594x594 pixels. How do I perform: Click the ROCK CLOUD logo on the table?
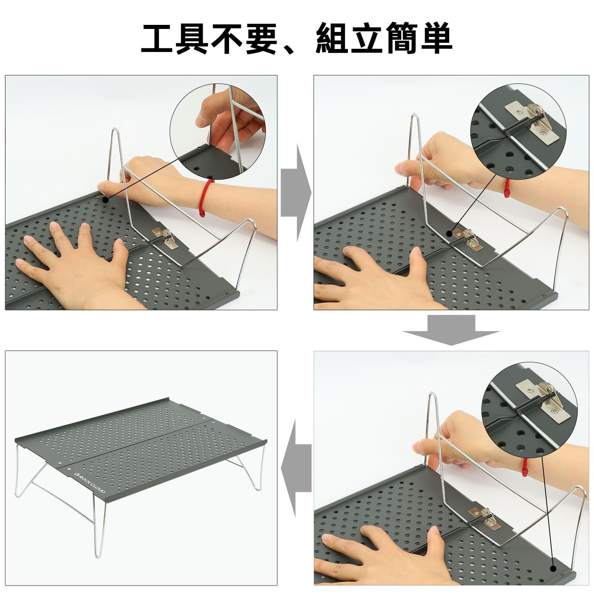89,482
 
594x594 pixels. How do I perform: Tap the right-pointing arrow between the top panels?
296,193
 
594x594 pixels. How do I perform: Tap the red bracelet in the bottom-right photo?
525,467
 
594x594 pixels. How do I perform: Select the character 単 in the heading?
435,39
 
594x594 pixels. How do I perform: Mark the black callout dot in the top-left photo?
105,200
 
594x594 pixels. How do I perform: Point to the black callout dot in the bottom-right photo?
554,568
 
